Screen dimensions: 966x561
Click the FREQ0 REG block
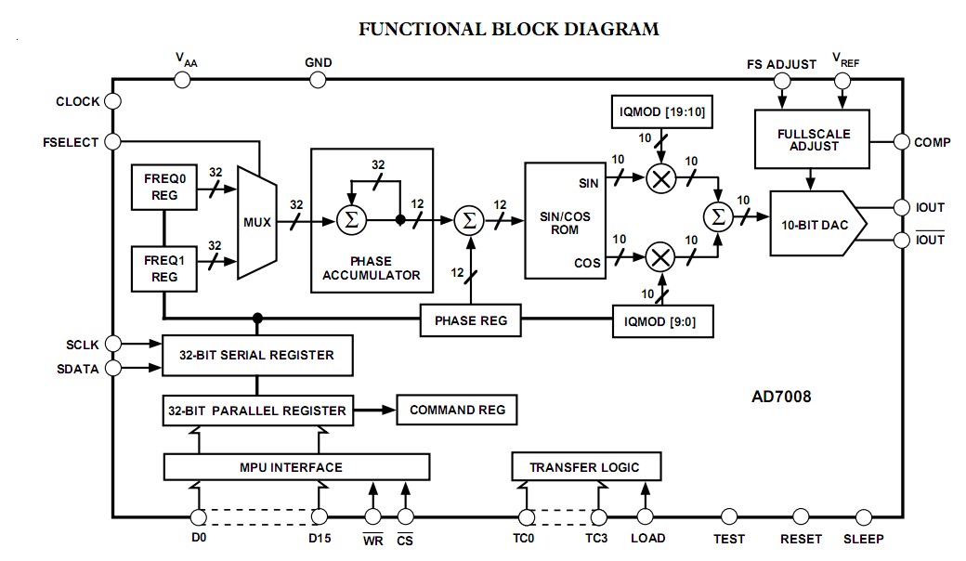[164, 187]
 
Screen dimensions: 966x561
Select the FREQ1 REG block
[164, 268]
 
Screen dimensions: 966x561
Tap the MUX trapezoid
[257, 222]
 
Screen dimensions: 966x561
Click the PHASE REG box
[471, 320]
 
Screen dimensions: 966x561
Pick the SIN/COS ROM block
[565, 220]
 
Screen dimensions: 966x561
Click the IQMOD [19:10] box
[662, 111]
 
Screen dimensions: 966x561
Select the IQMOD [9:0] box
[663, 320]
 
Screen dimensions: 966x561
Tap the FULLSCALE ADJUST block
[812, 139]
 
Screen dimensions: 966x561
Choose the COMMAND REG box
[456, 410]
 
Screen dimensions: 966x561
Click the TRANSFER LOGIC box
[586, 467]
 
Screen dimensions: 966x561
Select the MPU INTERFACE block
[296, 467]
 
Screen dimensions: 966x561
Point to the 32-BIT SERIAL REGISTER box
[257, 356]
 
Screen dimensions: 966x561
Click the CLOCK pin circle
[112, 101]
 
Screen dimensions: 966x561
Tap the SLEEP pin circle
[864, 516]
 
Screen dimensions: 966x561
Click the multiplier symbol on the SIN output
[661, 179]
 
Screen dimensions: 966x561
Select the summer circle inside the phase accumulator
[352, 220]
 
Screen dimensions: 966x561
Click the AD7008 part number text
[781, 396]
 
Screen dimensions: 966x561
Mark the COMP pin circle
[902, 141]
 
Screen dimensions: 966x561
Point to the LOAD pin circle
[645, 516]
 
